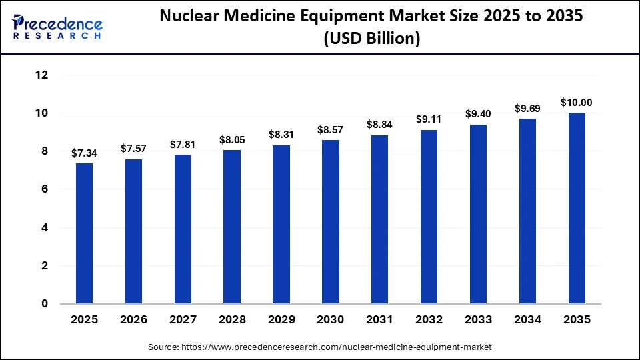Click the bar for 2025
click(x=84, y=233)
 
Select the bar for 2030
click(x=330, y=221)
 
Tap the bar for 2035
click(x=577, y=208)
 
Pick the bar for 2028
click(x=232, y=227)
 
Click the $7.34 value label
click(x=84, y=153)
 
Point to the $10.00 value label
click(x=577, y=103)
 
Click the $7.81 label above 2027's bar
click(x=183, y=145)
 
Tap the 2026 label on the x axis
click(x=133, y=320)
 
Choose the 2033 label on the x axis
click(x=478, y=320)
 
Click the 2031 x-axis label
click(x=379, y=320)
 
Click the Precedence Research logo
click(x=57, y=27)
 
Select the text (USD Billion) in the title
click(x=371, y=39)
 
